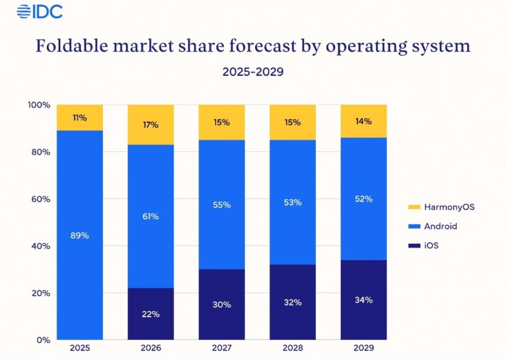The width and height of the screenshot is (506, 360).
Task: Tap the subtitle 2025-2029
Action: pos(253,72)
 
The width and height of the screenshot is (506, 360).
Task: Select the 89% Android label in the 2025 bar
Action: pos(80,235)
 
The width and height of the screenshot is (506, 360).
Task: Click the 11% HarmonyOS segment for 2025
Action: pos(80,117)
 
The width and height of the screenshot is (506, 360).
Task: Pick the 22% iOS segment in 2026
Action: pos(151,314)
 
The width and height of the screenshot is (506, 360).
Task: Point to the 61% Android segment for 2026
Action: pos(151,216)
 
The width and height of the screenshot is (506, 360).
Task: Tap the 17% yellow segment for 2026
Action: pos(151,125)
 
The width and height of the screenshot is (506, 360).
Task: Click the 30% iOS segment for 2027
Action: pos(222,305)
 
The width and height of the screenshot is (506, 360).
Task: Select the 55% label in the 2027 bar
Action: pos(222,204)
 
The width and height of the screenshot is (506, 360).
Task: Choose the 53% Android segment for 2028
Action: pos(293,202)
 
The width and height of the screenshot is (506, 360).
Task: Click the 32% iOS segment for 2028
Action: pos(293,302)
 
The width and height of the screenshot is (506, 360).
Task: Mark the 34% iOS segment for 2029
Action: pos(364,300)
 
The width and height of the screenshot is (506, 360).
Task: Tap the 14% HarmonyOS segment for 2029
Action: pos(364,121)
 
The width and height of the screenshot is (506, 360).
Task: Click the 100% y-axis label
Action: pos(38,105)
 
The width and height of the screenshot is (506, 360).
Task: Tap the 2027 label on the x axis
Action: pos(222,349)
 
